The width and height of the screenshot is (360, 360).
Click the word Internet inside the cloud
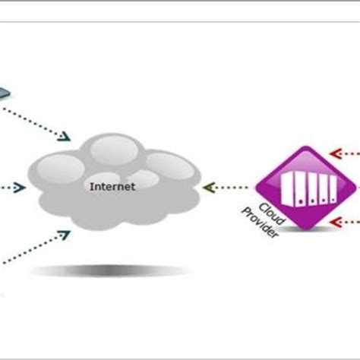coord(112,185)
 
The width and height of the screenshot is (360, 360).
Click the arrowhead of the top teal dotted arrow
coord(66,136)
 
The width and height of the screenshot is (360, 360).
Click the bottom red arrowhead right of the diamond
coord(334,222)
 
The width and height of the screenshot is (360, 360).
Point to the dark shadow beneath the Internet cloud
coord(106,271)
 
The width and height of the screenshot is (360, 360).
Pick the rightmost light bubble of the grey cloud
coord(166,165)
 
